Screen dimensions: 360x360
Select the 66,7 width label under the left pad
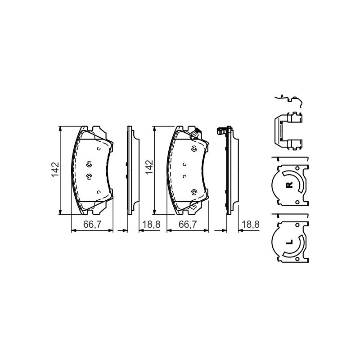pos(92,225)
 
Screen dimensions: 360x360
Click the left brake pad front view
pos(92,170)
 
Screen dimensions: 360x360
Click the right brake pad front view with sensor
pos(187,170)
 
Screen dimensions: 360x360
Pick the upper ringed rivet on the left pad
pos(89,163)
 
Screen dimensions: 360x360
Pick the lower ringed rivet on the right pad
pos(194,193)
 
